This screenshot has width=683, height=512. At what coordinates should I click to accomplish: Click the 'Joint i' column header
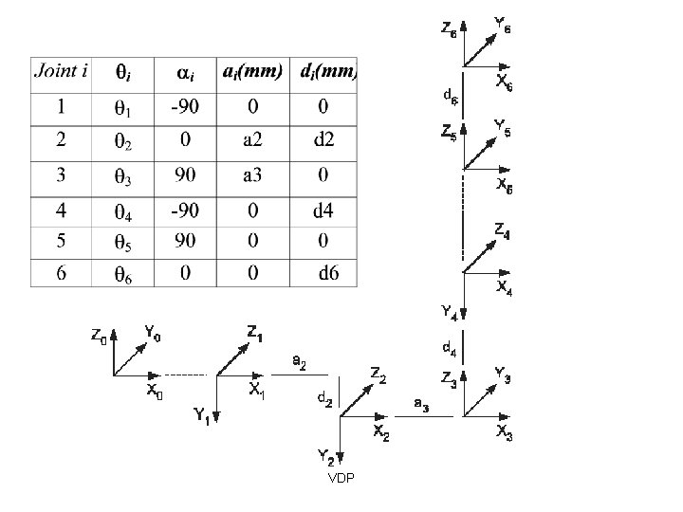pos(62,71)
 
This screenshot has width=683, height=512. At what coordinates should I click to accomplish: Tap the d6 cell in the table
pos(327,273)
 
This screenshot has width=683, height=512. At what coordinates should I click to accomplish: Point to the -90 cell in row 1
pos(186,106)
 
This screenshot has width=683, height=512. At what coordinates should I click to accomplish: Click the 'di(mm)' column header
pos(327,72)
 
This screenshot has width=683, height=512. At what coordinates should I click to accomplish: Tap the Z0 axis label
pos(99,336)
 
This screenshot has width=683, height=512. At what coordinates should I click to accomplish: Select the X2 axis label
pos(380,432)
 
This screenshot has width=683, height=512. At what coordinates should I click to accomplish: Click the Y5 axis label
pos(504,125)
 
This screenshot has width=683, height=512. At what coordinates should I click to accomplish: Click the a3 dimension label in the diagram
pos(421,405)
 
